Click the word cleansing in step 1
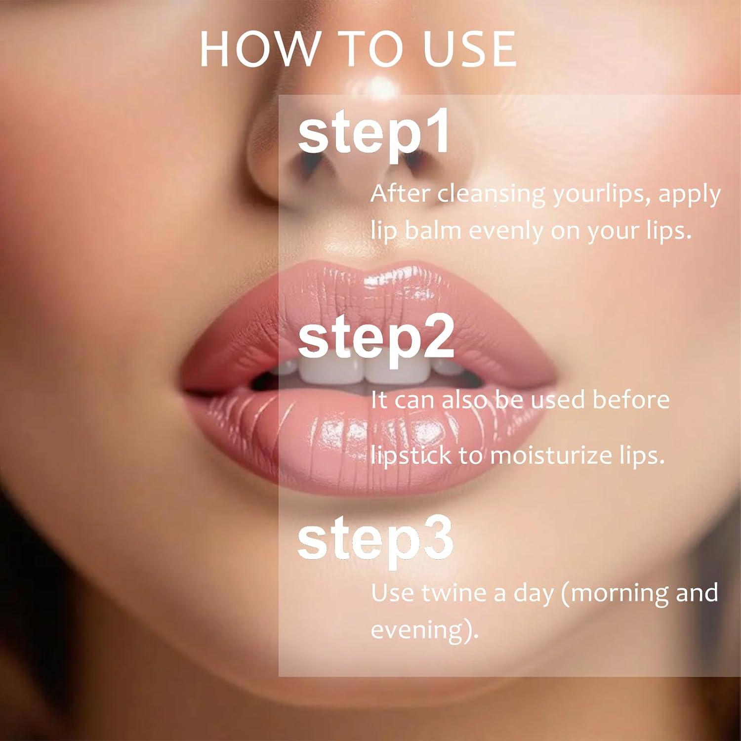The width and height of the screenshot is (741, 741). tap(492, 194)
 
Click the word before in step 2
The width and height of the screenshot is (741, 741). tap(631, 399)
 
